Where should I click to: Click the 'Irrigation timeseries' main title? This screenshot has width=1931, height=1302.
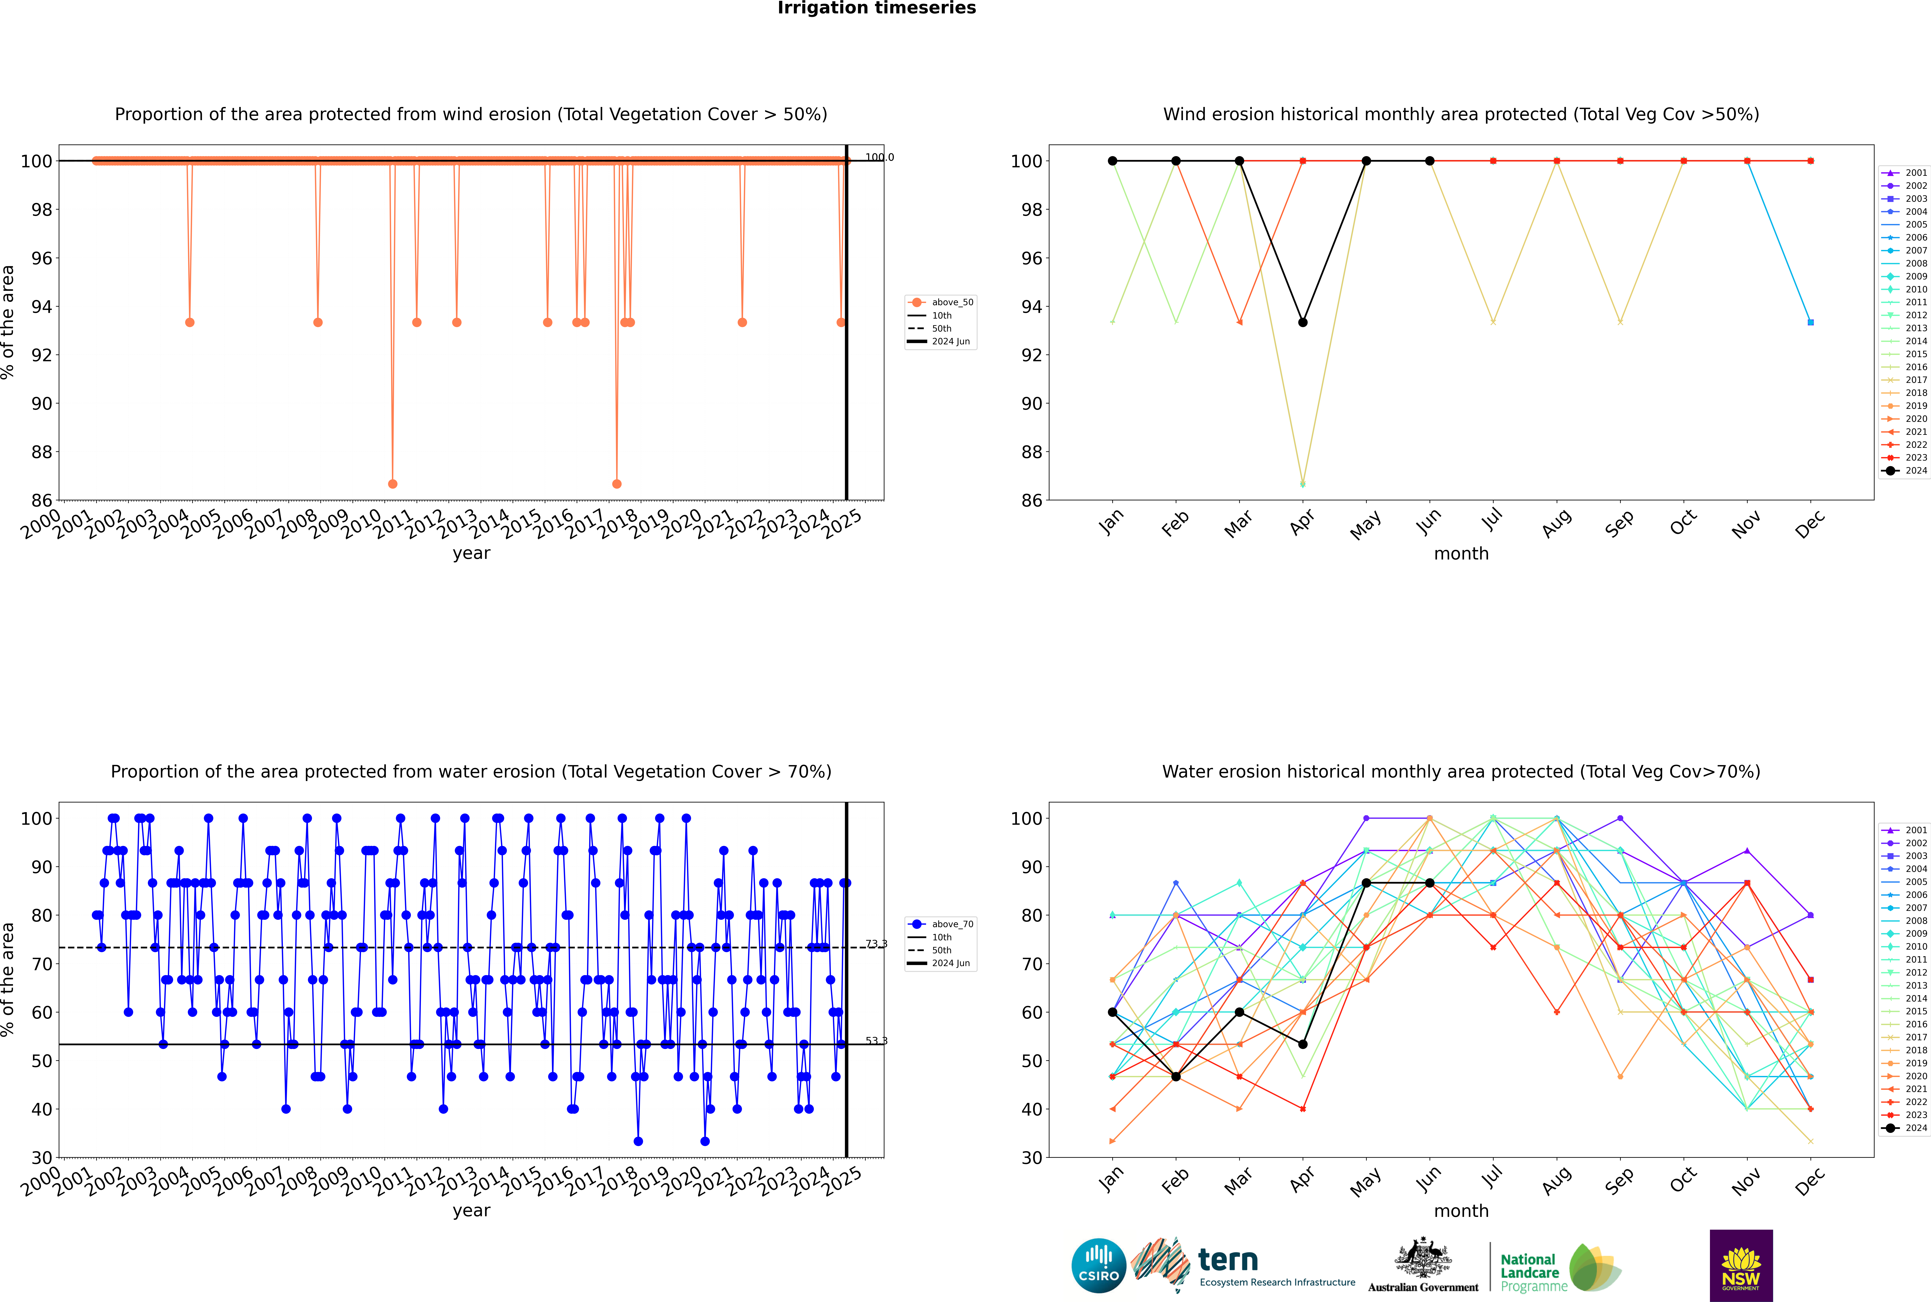point(877,8)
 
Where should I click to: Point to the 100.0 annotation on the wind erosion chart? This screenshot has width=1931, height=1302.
point(879,157)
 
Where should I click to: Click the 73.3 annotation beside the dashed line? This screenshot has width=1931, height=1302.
point(876,944)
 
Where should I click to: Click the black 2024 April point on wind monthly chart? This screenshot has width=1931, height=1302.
point(1303,322)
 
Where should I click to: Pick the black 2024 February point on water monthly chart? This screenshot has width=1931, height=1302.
point(1176,1077)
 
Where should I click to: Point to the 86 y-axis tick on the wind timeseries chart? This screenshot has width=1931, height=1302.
point(41,501)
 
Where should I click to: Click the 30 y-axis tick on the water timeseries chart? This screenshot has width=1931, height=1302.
point(41,1158)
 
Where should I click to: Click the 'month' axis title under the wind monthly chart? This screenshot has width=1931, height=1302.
point(1461,554)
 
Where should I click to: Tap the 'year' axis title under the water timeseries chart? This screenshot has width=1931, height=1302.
point(471,1211)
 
